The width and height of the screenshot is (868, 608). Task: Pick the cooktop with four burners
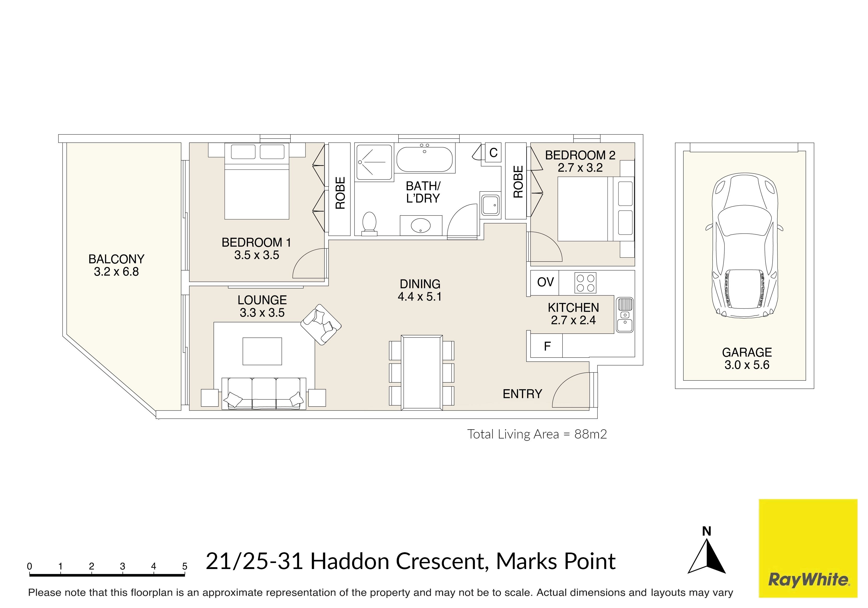pos(585,283)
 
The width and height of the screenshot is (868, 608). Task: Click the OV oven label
pos(545,282)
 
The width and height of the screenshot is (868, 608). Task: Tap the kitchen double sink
pos(624,315)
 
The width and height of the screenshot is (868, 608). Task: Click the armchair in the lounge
pos(321,324)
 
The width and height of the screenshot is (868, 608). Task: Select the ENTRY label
pos(522,394)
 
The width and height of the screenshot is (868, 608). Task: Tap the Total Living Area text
pos(537,434)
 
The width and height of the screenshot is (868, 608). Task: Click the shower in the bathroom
pos(374,162)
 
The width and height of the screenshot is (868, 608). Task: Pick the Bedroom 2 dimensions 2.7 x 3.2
pos(580,167)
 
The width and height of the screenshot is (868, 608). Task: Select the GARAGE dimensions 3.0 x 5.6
pos(747,365)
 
